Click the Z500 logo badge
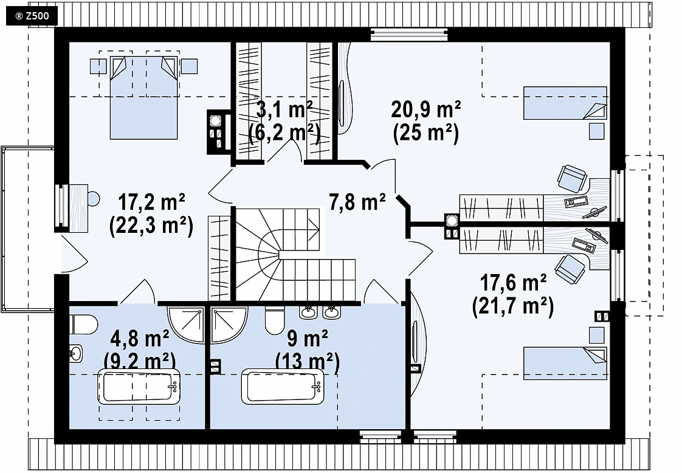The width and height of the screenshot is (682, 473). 32,16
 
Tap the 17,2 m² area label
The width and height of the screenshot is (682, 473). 152,203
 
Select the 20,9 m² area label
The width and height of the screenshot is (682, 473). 426,109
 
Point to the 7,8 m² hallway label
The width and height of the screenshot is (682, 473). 357,202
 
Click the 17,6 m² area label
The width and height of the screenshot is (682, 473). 514,283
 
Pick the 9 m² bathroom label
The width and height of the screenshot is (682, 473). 308,338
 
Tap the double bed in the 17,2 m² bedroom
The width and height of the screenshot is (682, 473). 144,97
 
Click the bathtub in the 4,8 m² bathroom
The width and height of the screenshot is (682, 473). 139,386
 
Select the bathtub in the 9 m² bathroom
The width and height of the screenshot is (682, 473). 283,386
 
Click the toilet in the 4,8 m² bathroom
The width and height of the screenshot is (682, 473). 83,324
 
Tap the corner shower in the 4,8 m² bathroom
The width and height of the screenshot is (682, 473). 186,325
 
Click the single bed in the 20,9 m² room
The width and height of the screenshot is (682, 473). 565,103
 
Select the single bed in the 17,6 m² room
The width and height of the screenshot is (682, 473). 565,364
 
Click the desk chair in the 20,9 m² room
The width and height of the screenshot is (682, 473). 573,178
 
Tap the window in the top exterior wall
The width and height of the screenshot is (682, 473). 409,35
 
